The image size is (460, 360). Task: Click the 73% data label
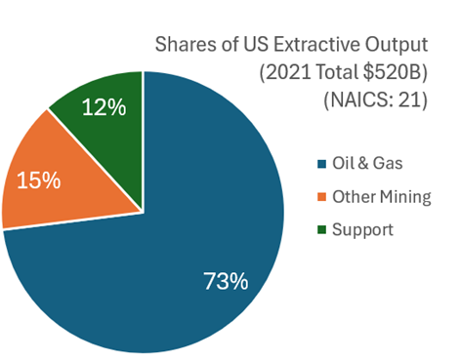225,282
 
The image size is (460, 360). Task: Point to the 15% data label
37,180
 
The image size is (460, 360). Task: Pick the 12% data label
103,107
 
